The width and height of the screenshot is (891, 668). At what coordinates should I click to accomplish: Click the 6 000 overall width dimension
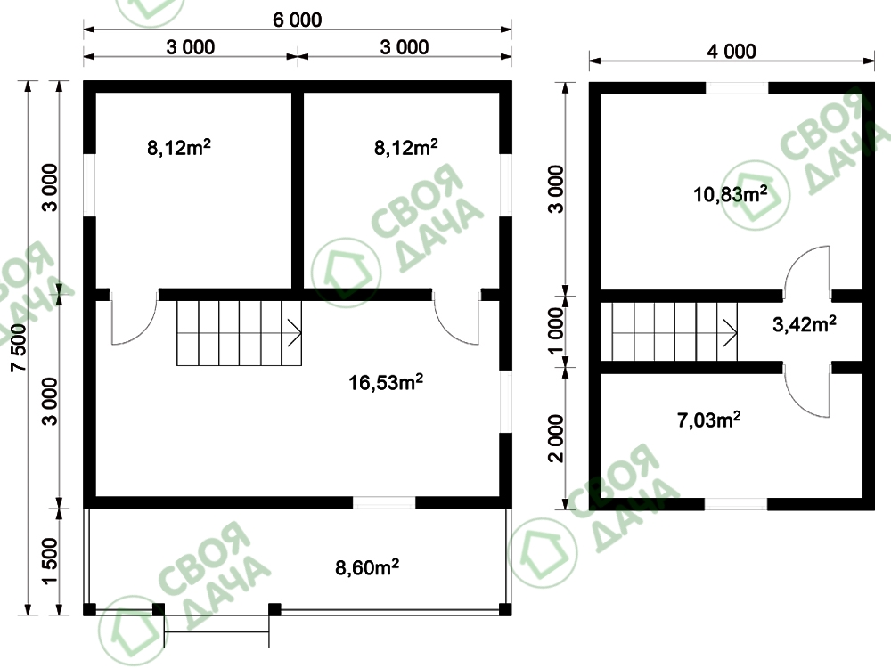(x=298, y=20)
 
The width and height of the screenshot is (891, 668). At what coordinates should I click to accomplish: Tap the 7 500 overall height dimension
(x=20, y=347)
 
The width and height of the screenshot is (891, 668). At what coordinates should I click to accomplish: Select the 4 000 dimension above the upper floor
(x=732, y=52)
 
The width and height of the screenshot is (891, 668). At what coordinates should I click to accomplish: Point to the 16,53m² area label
(x=386, y=382)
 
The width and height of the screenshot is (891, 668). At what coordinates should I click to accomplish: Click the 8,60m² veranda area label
(x=367, y=566)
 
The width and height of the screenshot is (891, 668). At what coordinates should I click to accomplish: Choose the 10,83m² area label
(x=731, y=194)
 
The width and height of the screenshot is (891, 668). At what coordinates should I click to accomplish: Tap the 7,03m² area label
(x=708, y=420)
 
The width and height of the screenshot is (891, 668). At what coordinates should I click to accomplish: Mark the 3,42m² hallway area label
(x=804, y=324)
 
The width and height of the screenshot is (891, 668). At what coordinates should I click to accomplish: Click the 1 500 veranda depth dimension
(x=50, y=561)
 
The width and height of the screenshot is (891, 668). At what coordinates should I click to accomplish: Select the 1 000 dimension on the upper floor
(x=556, y=331)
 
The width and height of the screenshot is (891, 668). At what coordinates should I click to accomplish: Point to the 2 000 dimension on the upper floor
(x=556, y=438)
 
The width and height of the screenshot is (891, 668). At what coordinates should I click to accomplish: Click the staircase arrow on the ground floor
(x=294, y=332)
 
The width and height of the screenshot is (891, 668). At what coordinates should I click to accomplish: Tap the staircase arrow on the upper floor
(x=731, y=332)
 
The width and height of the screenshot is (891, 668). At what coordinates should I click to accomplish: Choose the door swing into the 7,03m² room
(x=795, y=404)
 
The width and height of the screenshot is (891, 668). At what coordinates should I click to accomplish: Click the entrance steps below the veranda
(x=217, y=631)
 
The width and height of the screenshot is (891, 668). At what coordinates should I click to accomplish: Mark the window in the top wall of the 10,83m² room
(x=737, y=88)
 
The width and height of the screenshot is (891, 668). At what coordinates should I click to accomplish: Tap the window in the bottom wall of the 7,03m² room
(x=736, y=504)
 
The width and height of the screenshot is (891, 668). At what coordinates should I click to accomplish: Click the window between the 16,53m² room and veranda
(x=384, y=502)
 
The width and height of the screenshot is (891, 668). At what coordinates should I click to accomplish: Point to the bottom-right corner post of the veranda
(x=505, y=609)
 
